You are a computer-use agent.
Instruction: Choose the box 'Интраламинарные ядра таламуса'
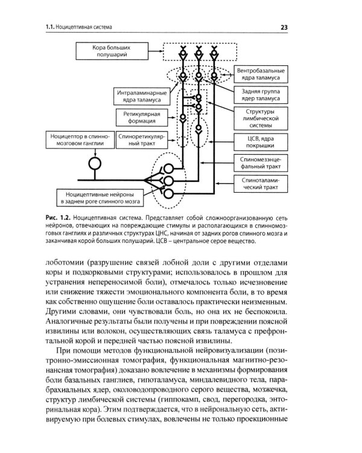click(x=138, y=95)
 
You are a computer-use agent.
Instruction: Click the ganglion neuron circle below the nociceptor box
click(x=94, y=164)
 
